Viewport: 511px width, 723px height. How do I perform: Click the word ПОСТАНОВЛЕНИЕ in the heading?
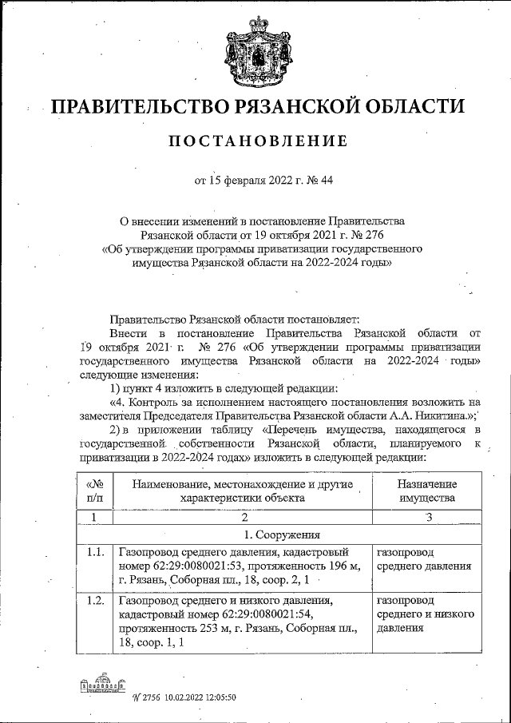tap(258, 141)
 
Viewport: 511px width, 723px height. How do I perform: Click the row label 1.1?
tap(94, 552)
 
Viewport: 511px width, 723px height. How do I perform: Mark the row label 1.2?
tap(94, 600)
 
